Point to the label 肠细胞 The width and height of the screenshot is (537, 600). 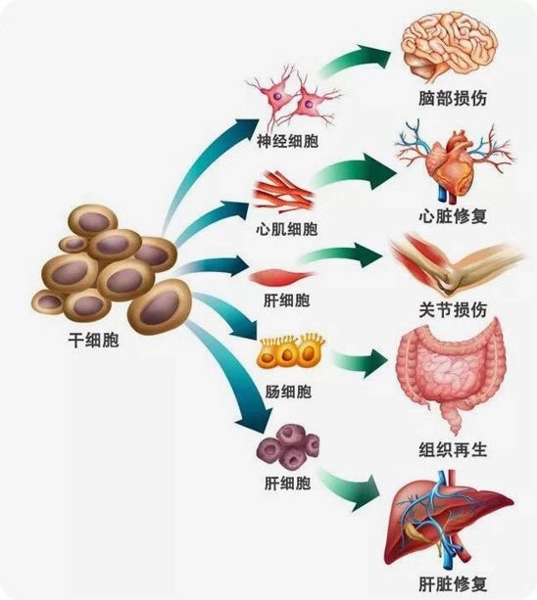click(x=288, y=392)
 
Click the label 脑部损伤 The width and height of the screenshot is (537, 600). click(x=452, y=99)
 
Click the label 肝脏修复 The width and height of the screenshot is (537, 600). click(x=452, y=584)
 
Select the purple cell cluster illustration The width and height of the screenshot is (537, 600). click(x=284, y=445)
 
